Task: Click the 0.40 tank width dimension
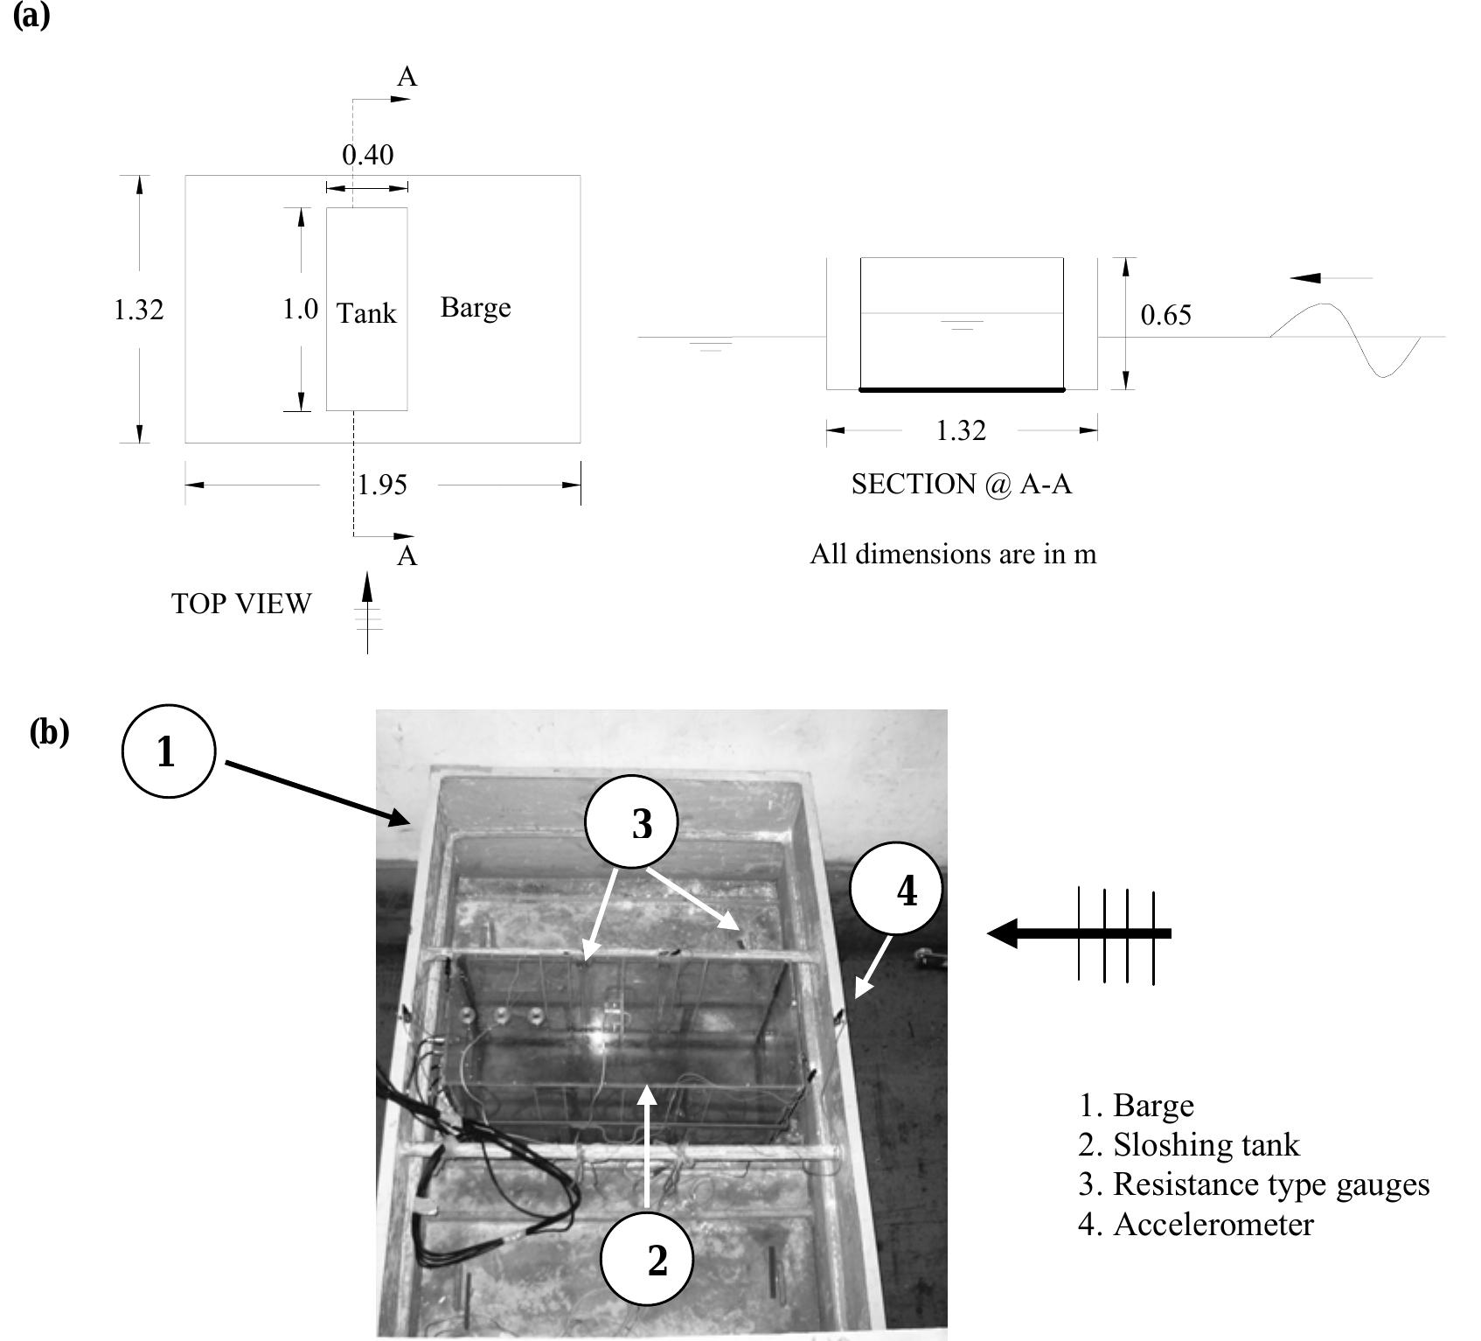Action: (x=367, y=155)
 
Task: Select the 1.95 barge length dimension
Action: (x=383, y=485)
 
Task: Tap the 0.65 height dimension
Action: (x=1165, y=315)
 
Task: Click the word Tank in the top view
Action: (x=366, y=313)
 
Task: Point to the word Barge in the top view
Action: (x=476, y=307)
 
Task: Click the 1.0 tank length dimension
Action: (x=300, y=309)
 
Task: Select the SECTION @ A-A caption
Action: (x=961, y=484)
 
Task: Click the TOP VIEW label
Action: (x=241, y=604)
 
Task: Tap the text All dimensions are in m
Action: (x=952, y=554)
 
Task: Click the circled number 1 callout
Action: (x=168, y=751)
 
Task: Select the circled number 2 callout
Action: (x=648, y=1260)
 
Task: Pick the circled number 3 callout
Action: (x=631, y=824)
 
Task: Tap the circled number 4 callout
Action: (x=897, y=890)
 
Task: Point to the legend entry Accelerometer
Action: (x=1195, y=1224)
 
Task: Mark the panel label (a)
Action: (x=31, y=15)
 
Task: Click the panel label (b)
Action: (x=49, y=731)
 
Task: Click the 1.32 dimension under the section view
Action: (x=960, y=430)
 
